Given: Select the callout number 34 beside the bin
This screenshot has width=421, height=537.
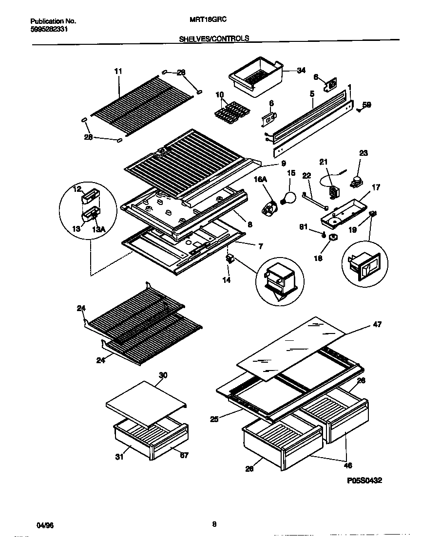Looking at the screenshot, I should click(301, 71).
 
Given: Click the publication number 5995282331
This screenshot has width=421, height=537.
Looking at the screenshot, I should click(49, 29).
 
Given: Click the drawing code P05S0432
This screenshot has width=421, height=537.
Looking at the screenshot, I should click(364, 480).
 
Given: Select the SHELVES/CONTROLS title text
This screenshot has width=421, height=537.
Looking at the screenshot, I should click(214, 38).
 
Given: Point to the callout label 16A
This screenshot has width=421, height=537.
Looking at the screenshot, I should click(261, 179).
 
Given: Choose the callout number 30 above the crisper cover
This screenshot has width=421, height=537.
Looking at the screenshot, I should click(163, 375).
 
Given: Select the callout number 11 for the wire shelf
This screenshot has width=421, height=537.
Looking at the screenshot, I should click(118, 71).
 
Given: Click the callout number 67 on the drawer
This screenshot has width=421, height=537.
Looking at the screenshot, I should click(184, 456).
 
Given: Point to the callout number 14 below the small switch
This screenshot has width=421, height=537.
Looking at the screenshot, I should click(226, 280).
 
